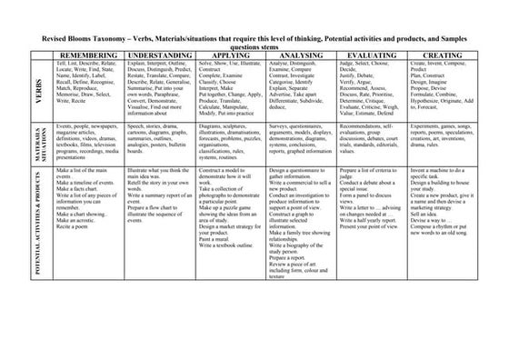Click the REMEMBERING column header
click(87, 55)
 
